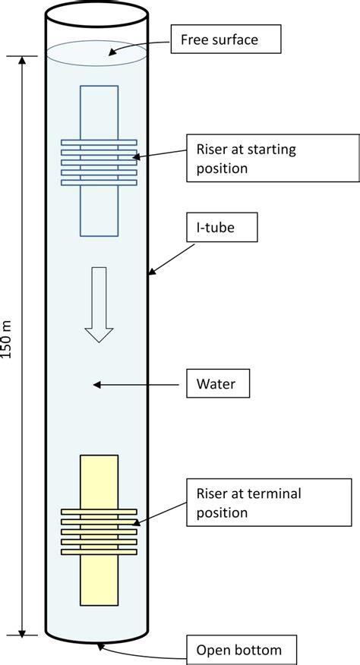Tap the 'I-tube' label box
pyautogui.click(x=217, y=225)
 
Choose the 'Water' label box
pyautogui.click(x=218, y=384)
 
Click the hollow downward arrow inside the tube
pyautogui.click(x=99, y=304)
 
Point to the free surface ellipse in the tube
pyautogui.click(x=97, y=52)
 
